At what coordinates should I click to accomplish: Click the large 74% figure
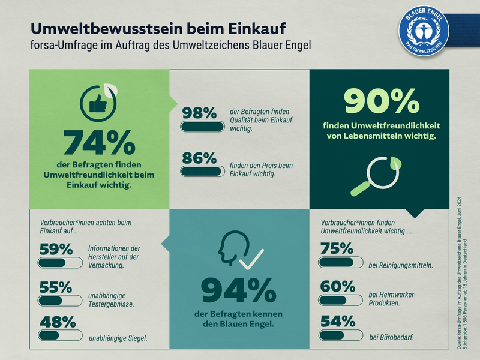click(99, 143)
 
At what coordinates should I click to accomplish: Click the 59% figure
click(56, 249)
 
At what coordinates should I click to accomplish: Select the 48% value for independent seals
click(56, 322)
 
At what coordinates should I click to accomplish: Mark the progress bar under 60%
click(340, 299)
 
